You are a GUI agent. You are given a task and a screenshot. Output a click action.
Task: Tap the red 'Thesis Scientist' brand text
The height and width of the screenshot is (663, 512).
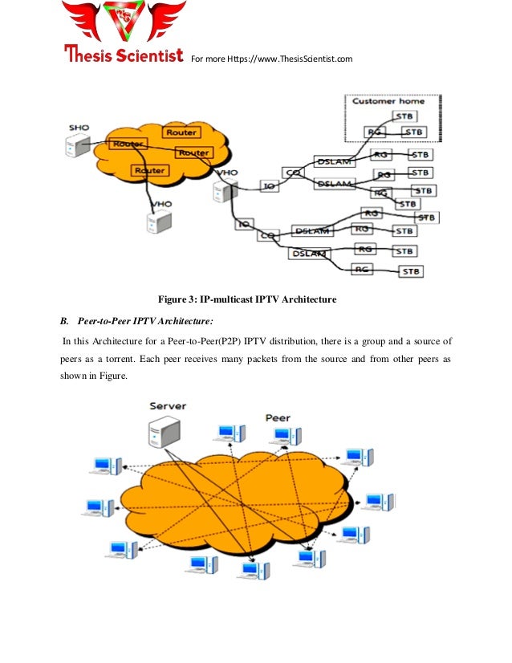pyautogui.click(x=124, y=56)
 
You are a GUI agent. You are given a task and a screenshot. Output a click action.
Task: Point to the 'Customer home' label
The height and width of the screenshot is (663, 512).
pyautogui.click(x=389, y=101)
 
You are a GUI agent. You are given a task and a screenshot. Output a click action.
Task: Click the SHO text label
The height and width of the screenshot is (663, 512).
pyautogui.click(x=79, y=128)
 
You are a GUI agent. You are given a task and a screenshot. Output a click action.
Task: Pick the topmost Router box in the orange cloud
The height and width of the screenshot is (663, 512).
pyautogui.click(x=181, y=132)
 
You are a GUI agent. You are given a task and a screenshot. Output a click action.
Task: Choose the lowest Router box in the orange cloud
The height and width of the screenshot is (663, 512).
pyautogui.click(x=150, y=170)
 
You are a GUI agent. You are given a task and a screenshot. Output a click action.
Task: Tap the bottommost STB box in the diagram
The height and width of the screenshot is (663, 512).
pyautogui.click(x=411, y=271)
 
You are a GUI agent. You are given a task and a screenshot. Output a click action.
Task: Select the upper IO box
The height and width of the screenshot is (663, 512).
pyautogui.click(x=270, y=186)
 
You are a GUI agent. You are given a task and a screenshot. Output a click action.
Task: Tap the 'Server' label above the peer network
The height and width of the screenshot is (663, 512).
pyautogui.click(x=168, y=406)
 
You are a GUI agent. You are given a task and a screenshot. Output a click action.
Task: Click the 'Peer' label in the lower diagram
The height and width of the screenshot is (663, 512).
pyautogui.click(x=278, y=417)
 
